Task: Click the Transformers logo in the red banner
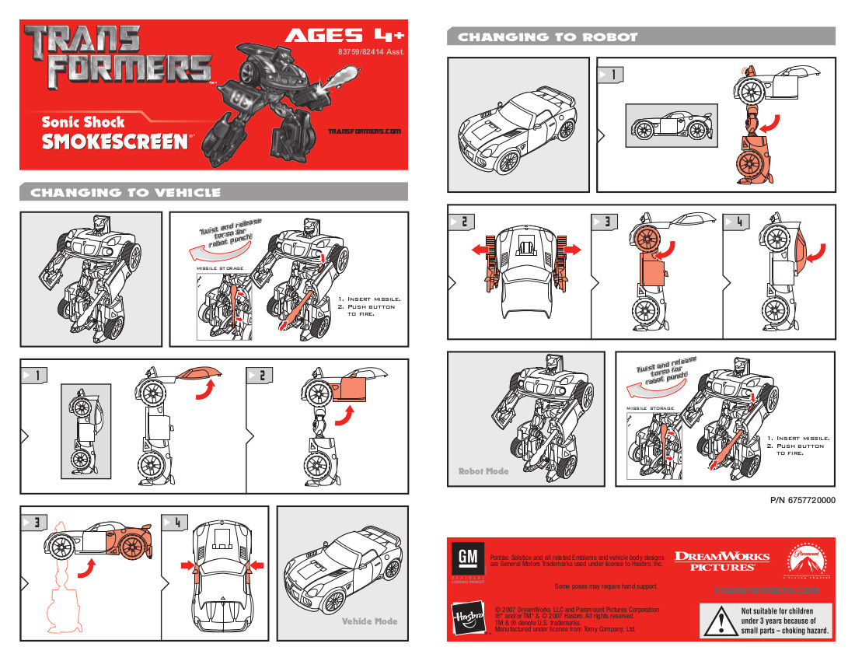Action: coord(117,56)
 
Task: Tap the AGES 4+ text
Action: coord(344,35)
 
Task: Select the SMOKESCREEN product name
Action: coord(115,142)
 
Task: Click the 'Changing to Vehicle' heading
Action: coord(125,192)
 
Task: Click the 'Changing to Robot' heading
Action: coord(547,37)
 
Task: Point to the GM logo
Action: coord(466,560)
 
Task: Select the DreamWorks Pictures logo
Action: coord(721,561)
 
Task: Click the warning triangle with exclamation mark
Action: coord(721,621)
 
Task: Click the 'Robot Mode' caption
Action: coord(484,471)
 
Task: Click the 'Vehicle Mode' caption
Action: coord(369,621)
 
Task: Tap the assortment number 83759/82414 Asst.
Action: coord(372,52)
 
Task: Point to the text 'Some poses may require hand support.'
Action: coord(602,586)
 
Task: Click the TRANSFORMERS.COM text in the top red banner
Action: coord(364,131)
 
